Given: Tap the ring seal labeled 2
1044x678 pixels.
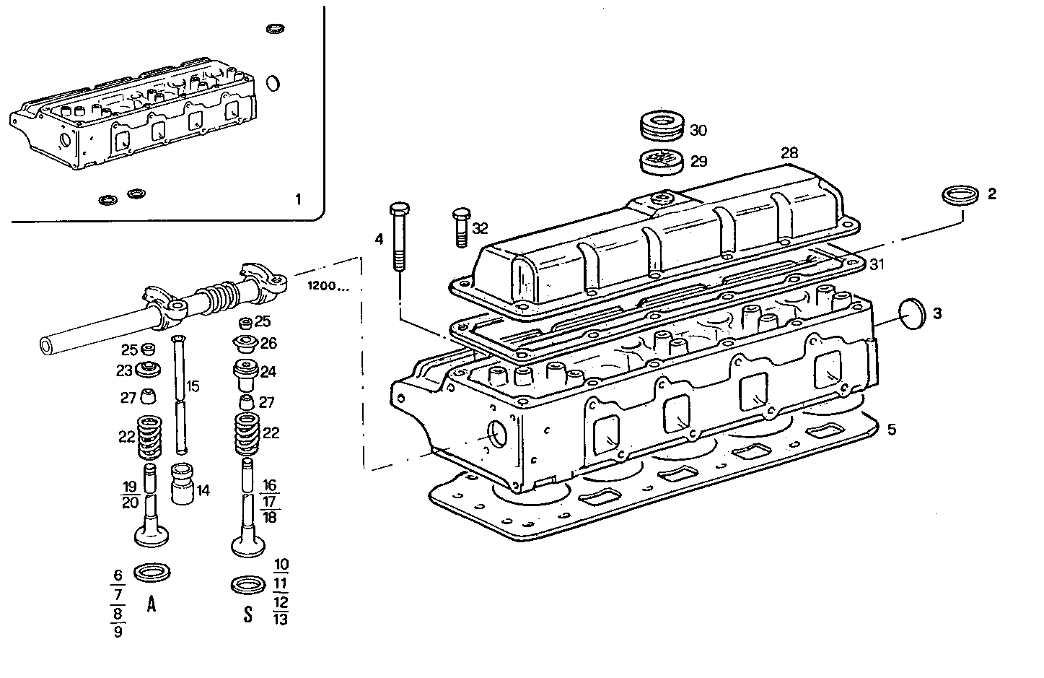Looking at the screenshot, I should pyautogui.click(x=961, y=195).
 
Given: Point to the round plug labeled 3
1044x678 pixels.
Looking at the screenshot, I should pyautogui.click(x=913, y=313).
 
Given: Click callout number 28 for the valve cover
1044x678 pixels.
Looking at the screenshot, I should pyautogui.click(x=789, y=153).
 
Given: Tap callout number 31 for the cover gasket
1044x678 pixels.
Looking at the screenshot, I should pyautogui.click(x=876, y=265).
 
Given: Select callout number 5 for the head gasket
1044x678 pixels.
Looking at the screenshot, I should pyautogui.click(x=892, y=430).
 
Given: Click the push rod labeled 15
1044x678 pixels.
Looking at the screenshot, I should pyautogui.click(x=178, y=397).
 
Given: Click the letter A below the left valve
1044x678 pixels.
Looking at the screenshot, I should pyautogui.click(x=152, y=604).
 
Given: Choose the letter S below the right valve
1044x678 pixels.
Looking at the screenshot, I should pyautogui.click(x=247, y=614).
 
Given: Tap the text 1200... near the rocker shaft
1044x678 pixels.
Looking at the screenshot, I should pyautogui.click(x=328, y=287).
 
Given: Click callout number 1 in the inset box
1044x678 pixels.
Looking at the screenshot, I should pyautogui.click(x=299, y=199).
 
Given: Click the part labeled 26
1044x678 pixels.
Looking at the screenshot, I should pyautogui.click(x=245, y=342).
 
